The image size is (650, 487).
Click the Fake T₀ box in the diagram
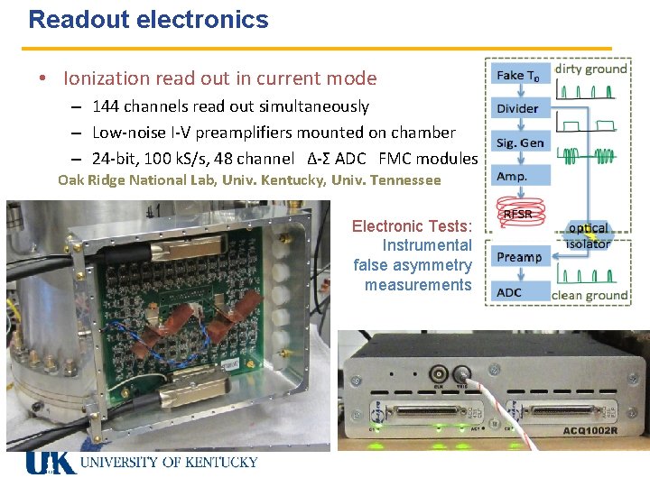tap(518, 76)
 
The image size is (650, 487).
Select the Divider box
tap(518, 108)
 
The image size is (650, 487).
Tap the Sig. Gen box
tap(520, 142)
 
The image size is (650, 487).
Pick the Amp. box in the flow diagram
tap(512, 177)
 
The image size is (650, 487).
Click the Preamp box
tap(519, 257)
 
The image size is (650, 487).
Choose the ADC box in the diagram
tap(510, 291)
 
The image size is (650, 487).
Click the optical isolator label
tap(588, 235)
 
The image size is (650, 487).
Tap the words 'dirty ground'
tap(590, 69)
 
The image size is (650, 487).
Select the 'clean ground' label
tap(590, 295)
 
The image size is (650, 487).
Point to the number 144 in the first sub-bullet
tap(107, 106)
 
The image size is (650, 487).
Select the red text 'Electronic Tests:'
tap(412, 226)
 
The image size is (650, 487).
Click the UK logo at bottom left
tap(51, 463)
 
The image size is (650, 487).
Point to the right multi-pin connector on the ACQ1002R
tap(561, 412)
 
